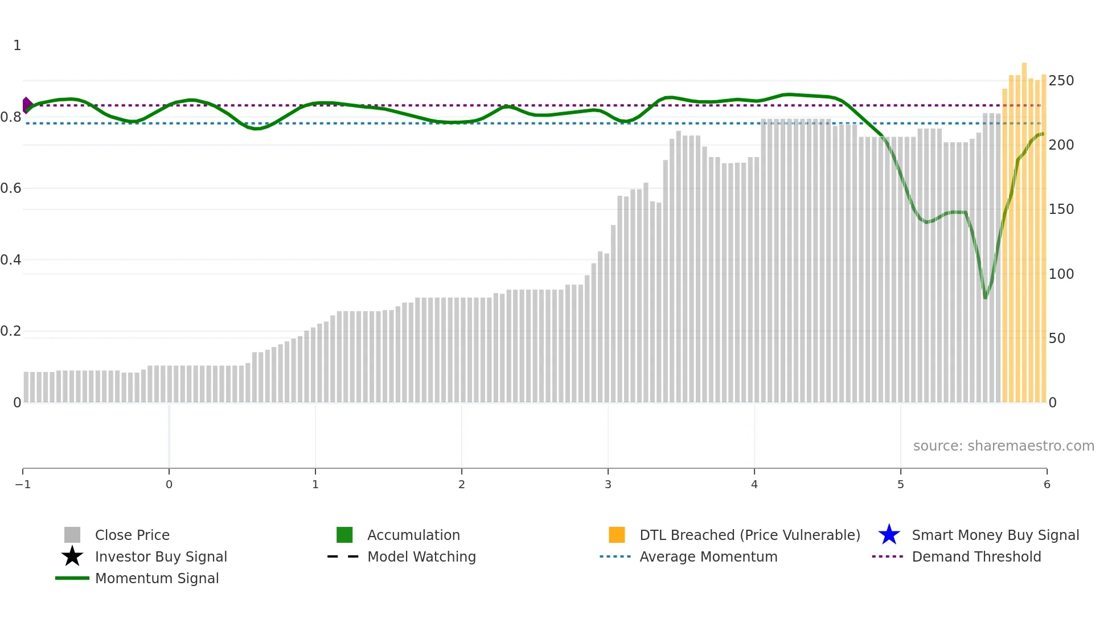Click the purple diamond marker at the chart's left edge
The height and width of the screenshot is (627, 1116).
(x=27, y=105)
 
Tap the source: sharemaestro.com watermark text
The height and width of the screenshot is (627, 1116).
(x=1003, y=446)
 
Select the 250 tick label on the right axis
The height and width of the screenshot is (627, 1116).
(x=1061, y=81)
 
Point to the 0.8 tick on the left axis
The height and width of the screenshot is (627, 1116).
(x=11, y=117)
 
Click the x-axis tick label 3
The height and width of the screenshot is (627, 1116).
(x=608, y=485)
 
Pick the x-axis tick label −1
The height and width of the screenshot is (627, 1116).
(x=23, y=485)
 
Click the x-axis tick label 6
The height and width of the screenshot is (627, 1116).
(x=1047, y=485)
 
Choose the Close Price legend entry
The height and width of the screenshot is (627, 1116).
(x=132, y=535)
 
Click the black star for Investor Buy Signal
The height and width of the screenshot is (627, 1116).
(x=72, y=556)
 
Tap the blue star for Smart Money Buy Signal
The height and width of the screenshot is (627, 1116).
(x=889, y=535)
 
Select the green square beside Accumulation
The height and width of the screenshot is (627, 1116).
(x=344, y=535)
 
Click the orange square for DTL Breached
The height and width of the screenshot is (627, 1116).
(x=617, y=535)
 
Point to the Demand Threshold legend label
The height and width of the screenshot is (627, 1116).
(x=976, y=557)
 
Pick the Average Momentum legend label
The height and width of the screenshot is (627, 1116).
(x=708, y=557)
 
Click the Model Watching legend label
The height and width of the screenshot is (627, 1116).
(x=421, y=557)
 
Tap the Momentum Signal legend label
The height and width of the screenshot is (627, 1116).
(x=157, y=579)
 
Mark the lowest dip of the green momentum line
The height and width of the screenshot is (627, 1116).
(x=986, y=297)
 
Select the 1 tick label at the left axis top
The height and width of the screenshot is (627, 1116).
(x=17, y=46)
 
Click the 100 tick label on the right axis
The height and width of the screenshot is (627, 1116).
(x=1061, y=274)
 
